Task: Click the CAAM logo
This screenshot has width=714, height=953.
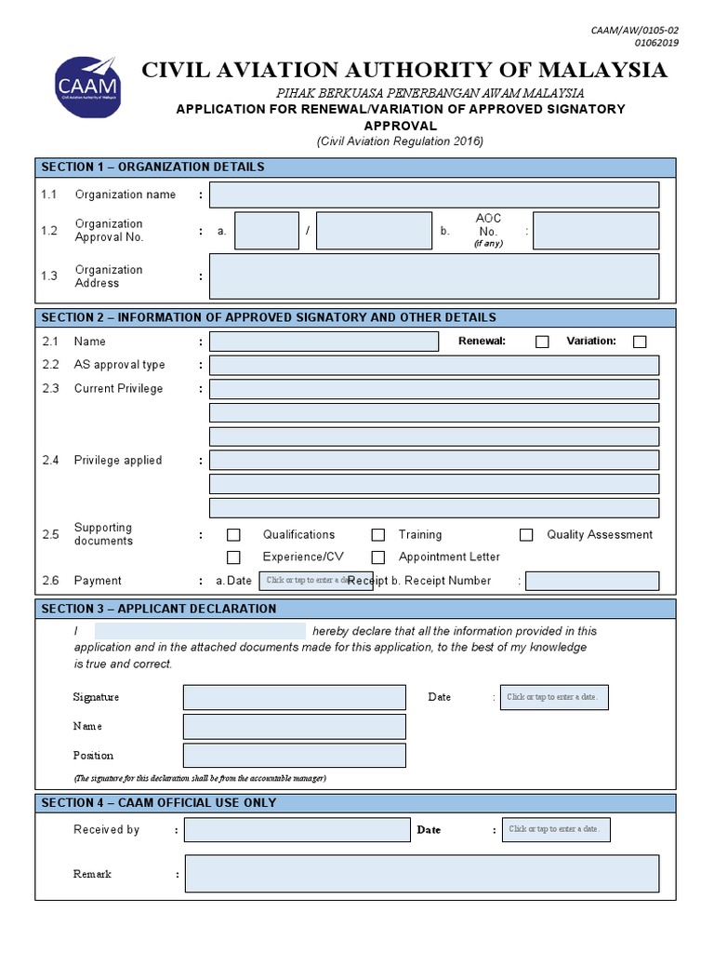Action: (87, 87)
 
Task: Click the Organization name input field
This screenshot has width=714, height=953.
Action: (434, 195)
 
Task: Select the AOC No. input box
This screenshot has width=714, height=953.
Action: (595, 231)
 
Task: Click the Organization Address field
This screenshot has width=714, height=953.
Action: (434, 276)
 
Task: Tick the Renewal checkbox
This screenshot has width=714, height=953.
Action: (542, 342)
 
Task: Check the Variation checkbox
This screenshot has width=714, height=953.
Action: (640, 342)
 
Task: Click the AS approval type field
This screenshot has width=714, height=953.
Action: (434, 365)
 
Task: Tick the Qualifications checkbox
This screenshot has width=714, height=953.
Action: (233, 535)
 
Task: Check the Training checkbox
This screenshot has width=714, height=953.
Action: (378, 535)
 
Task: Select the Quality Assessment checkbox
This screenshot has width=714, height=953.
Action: (526, 535)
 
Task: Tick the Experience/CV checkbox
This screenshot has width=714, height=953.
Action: (233, 557)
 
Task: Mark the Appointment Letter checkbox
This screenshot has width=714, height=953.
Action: (378, 557)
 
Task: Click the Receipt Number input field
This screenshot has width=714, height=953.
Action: (592, 581)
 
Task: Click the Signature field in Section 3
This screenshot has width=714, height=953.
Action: (295, 697)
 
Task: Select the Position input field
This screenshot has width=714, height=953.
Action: (295, 755)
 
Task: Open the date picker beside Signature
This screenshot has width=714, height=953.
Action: (554, 697)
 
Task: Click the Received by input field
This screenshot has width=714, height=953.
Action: (297, 829)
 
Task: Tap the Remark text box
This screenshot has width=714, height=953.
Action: (422, 874)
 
